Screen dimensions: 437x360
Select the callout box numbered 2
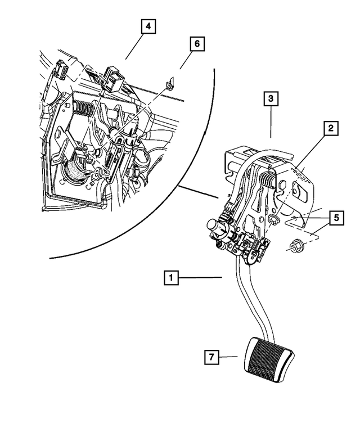(x=331, y=129)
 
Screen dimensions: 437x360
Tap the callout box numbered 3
(x=271, y=100)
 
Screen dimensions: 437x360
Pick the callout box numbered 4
(x=148, y=26)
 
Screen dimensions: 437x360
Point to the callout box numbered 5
(x=336, y=217)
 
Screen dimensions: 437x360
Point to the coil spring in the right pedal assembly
(x=268, y=181)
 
